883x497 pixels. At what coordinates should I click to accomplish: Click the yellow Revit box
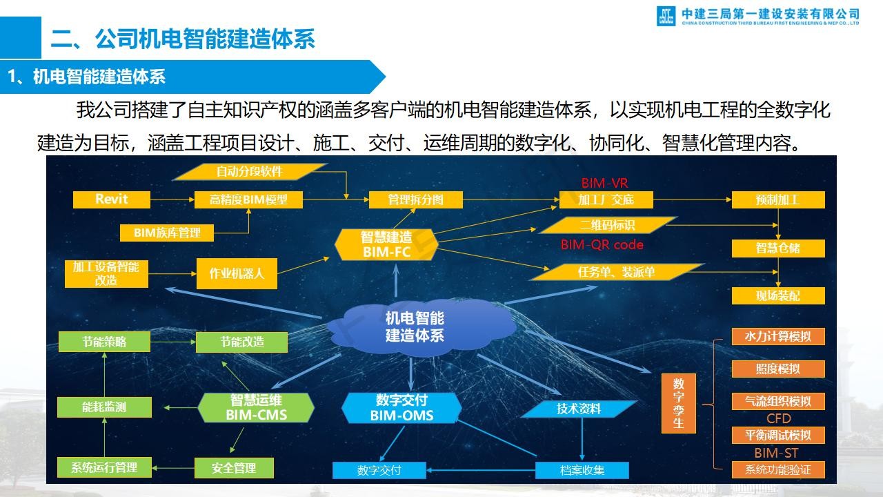click(112, 199)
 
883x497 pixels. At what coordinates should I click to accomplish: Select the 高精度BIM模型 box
click(248, 199)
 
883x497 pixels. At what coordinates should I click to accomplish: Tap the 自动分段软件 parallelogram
click(250, 172)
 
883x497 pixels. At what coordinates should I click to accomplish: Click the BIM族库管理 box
click(167, 233)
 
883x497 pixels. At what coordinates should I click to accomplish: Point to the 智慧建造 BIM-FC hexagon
click(386, 244)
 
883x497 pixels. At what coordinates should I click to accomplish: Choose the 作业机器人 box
click(237, 273)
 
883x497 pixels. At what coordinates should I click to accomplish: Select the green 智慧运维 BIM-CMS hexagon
click(256, 407)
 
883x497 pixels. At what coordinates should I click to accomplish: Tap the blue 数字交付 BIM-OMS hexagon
click(401, 408)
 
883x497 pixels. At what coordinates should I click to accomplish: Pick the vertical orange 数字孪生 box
click(678, 403)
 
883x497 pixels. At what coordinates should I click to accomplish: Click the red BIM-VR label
click(605, 184)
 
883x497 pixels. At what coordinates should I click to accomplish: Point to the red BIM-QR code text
click(602, 245)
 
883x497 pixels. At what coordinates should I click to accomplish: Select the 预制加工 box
click(778, 199)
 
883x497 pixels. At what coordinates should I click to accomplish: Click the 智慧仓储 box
click(778, 248)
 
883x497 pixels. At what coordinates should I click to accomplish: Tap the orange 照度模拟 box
click(778, 369)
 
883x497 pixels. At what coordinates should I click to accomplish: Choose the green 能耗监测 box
click(104, 407)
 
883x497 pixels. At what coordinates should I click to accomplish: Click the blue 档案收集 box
click(582, 470)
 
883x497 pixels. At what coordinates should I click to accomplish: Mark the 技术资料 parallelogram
click(578, 409)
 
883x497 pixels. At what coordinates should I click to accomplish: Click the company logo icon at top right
click(666, 16)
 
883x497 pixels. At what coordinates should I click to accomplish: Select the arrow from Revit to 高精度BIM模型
click(172, 199)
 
